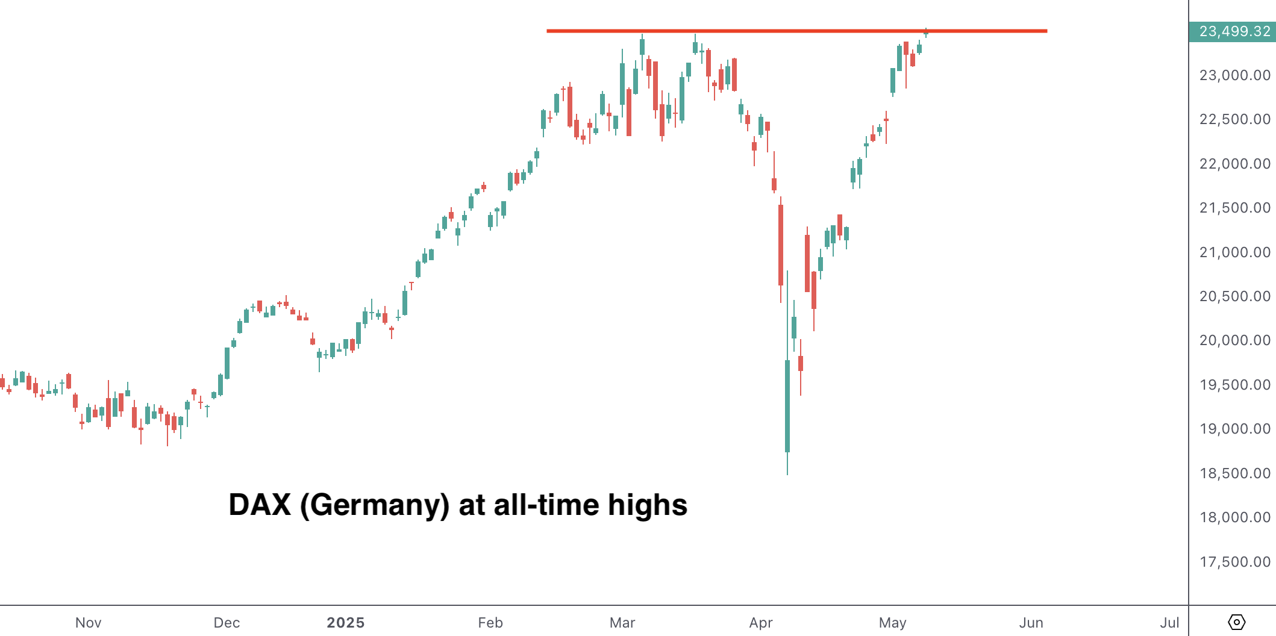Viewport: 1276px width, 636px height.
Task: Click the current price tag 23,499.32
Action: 1234,31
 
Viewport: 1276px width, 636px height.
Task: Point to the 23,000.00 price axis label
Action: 1234,75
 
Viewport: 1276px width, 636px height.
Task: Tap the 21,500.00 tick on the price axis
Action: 1234,208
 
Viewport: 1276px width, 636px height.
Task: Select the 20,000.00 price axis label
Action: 1234,340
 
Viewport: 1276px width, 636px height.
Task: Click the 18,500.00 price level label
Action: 1234,473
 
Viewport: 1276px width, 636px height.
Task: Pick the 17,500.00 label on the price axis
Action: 1234,562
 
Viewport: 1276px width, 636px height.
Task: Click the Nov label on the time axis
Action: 88,623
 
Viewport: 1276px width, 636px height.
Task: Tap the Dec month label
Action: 227,623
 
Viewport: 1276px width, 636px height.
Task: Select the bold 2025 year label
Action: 345,623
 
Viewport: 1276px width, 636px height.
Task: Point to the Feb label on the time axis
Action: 490,623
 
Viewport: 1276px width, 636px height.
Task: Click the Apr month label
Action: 761,623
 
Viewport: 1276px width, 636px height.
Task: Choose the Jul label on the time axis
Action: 1169,623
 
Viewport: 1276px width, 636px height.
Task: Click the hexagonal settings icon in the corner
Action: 1236,622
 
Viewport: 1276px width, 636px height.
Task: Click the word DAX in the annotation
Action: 260,505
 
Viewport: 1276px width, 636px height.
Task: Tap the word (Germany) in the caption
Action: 374,505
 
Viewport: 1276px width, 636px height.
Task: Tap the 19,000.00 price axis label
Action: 1234,429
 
